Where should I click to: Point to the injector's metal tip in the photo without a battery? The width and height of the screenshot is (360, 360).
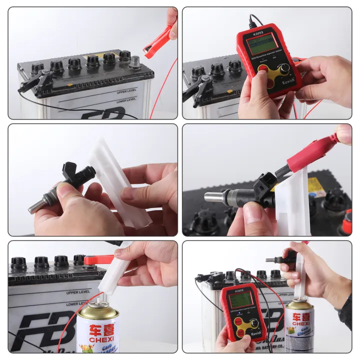(x=36, y=206)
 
